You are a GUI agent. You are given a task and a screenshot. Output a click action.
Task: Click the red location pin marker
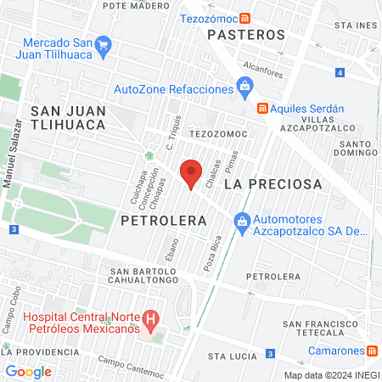coord(191,173)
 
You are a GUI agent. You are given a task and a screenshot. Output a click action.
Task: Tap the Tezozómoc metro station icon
coord(244,18)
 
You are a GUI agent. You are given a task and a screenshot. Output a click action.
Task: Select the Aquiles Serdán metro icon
coord(263,109)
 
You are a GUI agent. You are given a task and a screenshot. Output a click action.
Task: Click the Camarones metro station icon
coord(372,351)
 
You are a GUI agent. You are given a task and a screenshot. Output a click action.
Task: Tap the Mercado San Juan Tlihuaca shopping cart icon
coord(104,44)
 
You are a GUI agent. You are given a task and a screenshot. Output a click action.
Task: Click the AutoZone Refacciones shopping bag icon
coord(244,85)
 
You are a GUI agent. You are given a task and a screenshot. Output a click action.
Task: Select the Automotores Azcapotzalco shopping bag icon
coord(242,221)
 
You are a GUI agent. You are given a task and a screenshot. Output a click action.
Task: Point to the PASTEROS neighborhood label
coord(247,35)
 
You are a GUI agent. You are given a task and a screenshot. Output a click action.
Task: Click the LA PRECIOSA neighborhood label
coord(273,183)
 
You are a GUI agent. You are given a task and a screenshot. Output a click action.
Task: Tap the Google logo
coord(28,371)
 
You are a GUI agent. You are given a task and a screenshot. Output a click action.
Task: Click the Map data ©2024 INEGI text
coord(331,375)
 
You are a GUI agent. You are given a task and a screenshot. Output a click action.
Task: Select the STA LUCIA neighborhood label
coord(232,356)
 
